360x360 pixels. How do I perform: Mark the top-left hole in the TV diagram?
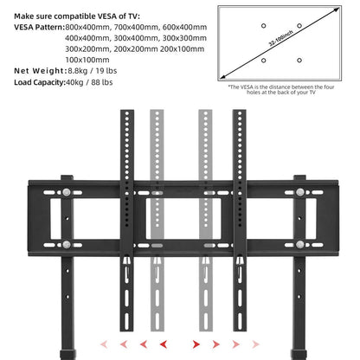click(x=261, y=27)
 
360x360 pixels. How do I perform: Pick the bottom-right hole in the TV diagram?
click(x=299, y=60)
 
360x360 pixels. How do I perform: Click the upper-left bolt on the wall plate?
click(x=67, y=189)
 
